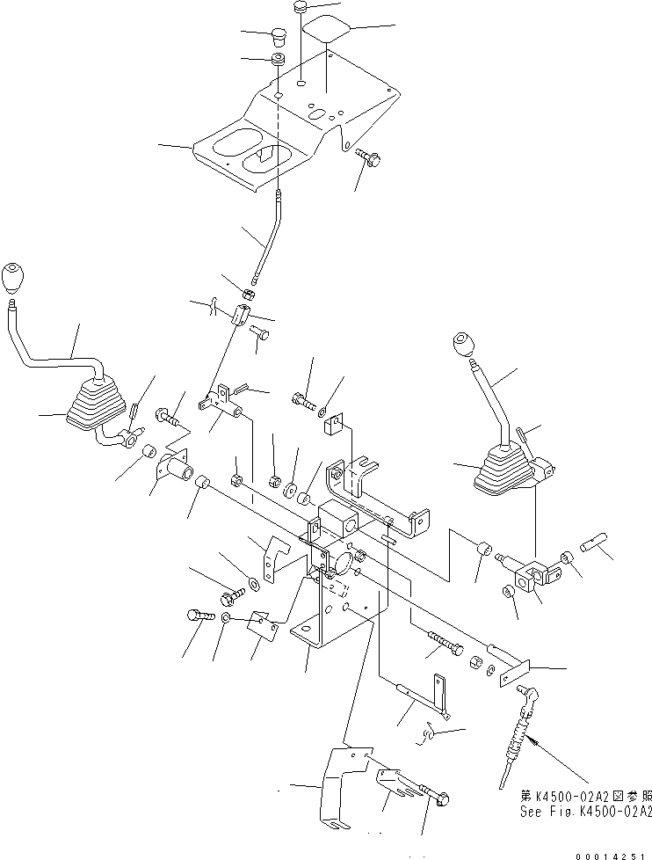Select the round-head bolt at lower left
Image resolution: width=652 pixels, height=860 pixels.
point(198,616)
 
